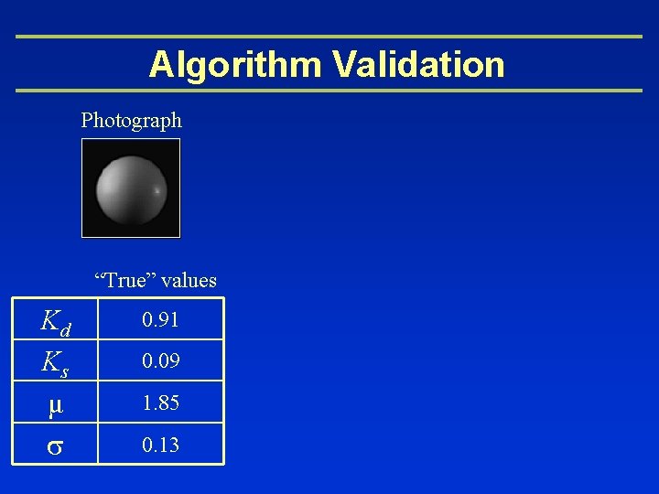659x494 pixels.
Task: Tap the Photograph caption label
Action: pos(132,120)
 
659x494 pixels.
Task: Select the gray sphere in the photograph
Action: pos(131,188)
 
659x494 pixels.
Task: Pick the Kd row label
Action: pos(55,321)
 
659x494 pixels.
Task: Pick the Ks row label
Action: pos(54,363)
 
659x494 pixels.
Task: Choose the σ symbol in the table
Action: pos(54,446)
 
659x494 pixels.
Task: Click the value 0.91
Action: pos(160,321)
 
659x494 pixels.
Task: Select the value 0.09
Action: pos(160,363)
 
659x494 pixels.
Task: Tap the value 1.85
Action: pos(160,403)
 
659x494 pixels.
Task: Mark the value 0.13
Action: pos(160,446)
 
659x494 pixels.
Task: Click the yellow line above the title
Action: pos(329,37)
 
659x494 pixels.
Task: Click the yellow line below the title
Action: pos(329,91)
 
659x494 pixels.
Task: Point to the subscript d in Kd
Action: pos(65,329)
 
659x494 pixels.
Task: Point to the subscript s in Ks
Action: pos(64,371)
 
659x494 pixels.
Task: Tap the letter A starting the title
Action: pos(161,65)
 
